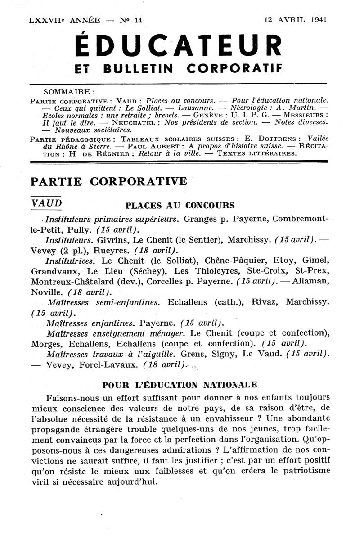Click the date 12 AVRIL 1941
[296, 20]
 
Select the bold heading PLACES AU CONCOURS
[180, 206]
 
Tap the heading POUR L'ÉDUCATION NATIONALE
[180, 385]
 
